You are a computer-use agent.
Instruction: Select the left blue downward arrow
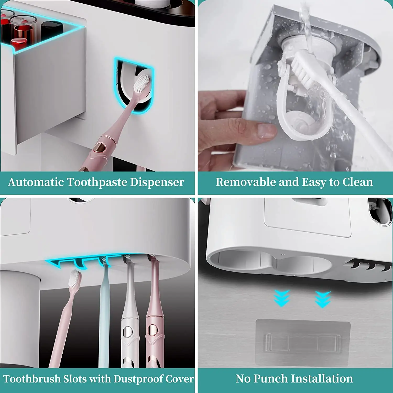coord(281,298)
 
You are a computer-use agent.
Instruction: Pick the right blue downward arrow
coord(323,299)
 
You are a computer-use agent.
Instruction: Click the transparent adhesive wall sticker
coord(303,342)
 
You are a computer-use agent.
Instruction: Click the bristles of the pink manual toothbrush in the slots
coord(75,279)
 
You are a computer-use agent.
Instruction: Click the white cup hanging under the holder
coord(20,318)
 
